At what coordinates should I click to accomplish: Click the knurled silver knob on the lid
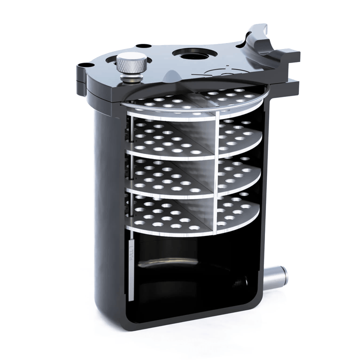131,63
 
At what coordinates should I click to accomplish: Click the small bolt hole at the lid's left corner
83,65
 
